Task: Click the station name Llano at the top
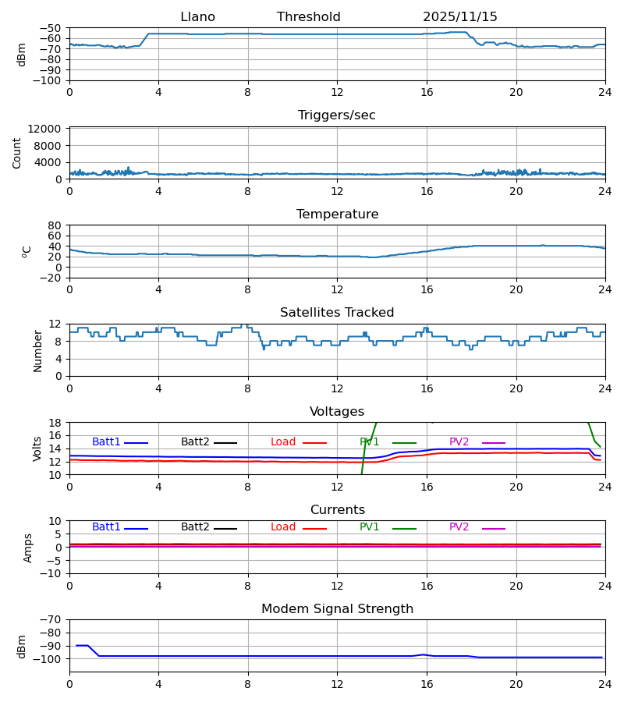[x=197, y=17]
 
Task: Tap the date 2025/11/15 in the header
[x=459, y=17]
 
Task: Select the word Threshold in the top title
[x=308, y=17]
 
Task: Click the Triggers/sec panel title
[x=336, y=115]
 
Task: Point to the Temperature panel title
[x=337, y=214]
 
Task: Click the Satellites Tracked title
[x=337, y=313]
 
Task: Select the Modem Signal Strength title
[x=337, y=609]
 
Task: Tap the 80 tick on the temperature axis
[x=55, y=225]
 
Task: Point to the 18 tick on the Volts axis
[x=55, y=423]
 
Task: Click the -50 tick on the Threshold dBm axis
[x=51, y=28]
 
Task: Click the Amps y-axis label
[x=29, y=548]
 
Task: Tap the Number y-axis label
[x=38, y=350]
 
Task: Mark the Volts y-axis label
[x=37, y=448]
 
